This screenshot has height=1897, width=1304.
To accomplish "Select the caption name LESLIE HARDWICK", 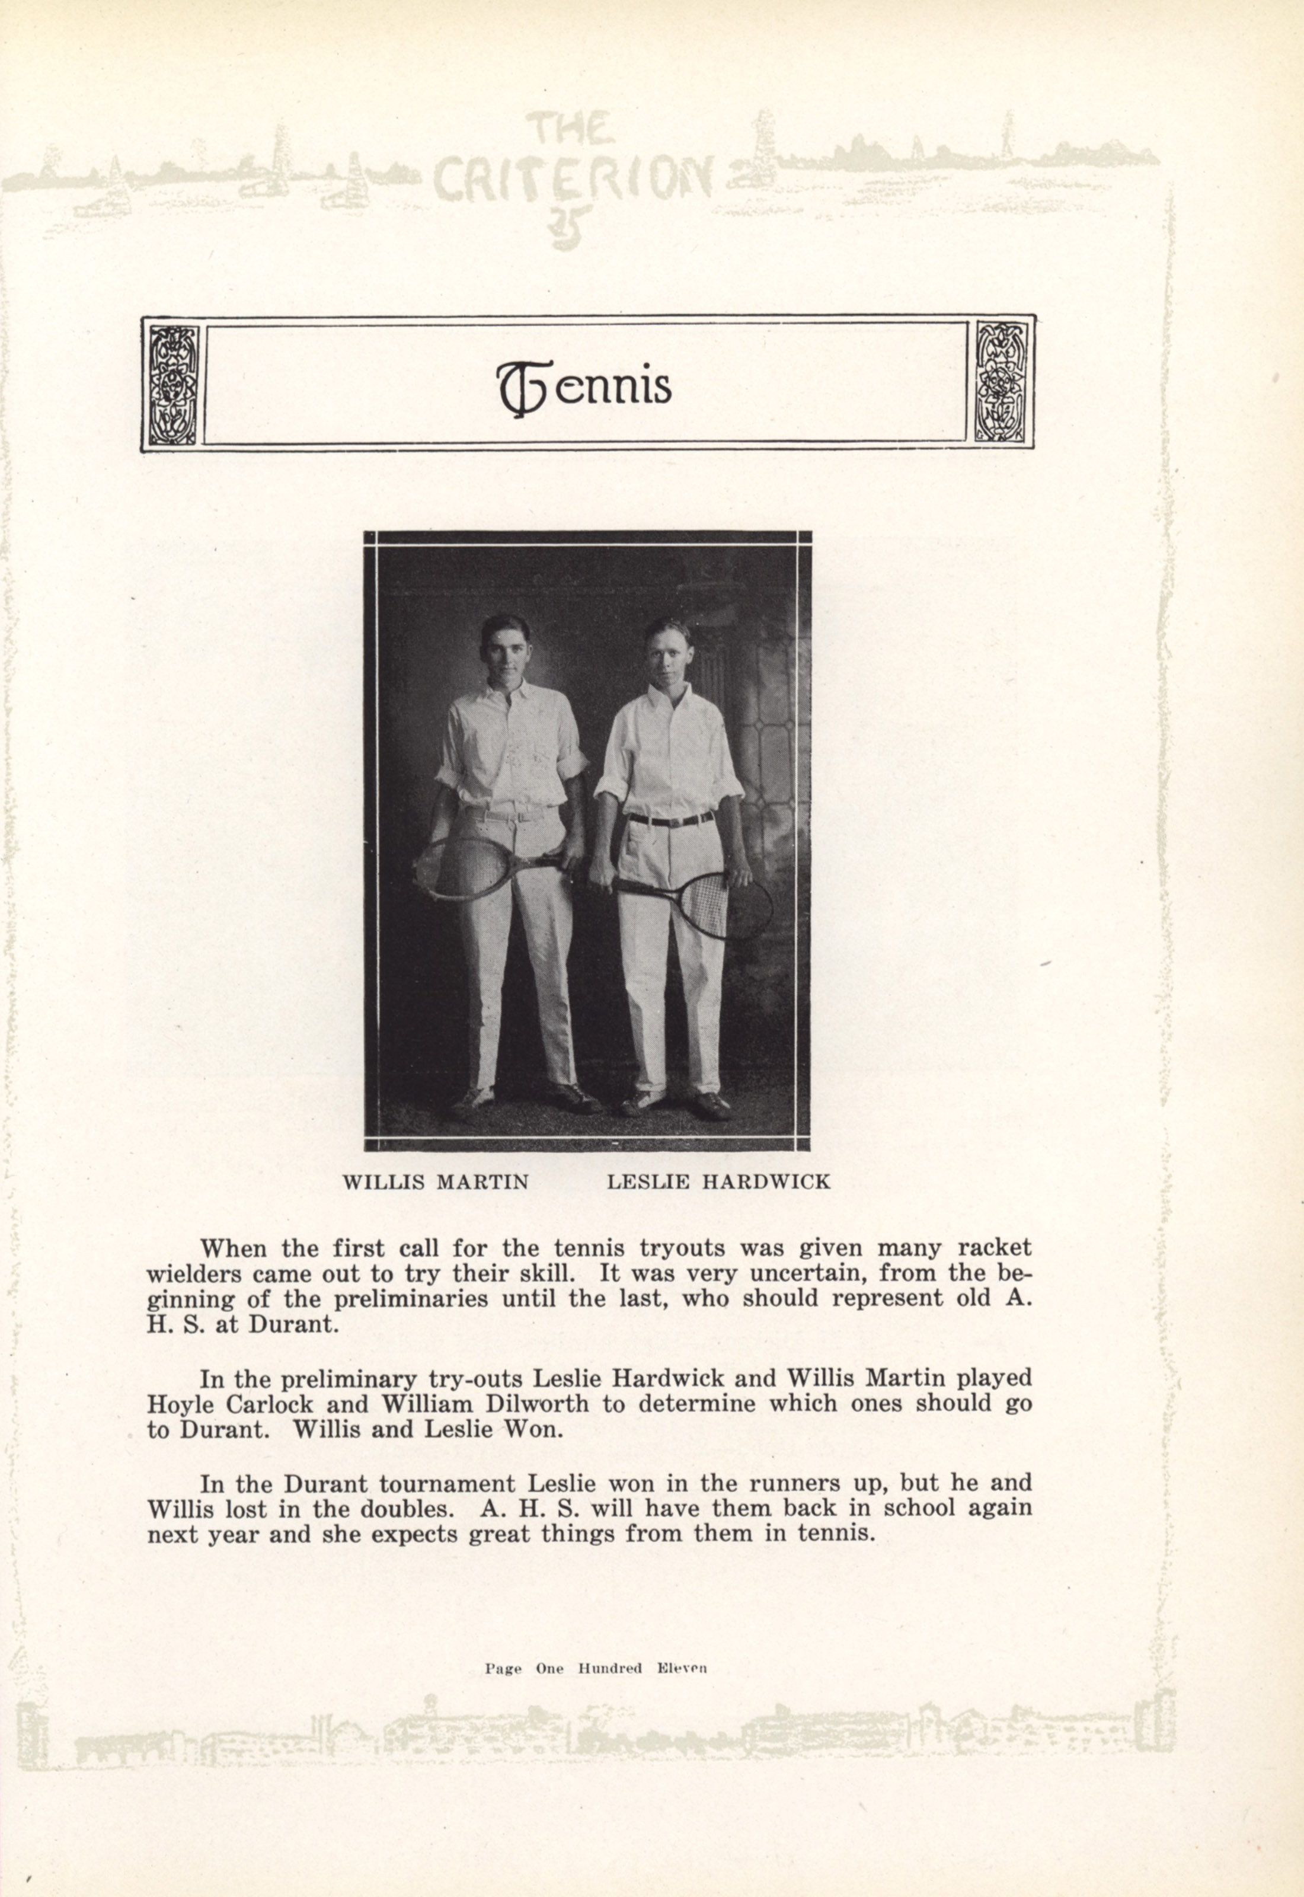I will [x=718, y=1181].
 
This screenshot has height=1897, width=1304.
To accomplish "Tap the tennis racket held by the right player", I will [x=719, y=903].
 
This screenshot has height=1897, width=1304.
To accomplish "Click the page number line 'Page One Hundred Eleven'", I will [x=595, y=1668].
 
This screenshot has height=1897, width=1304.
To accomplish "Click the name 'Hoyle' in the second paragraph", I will [x=179, y=1404].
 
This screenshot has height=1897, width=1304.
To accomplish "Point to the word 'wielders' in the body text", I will [x=194, y=1275].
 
